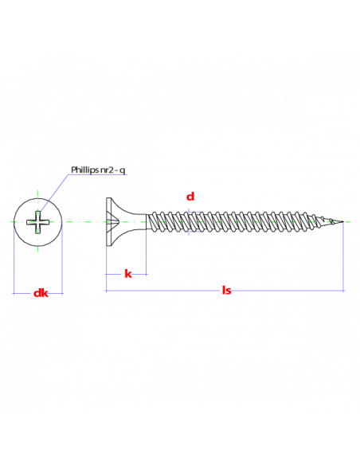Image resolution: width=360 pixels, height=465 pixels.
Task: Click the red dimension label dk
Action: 41,293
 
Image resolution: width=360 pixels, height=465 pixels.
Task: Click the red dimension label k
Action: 127,274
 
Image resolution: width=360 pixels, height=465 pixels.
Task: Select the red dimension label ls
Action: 226,290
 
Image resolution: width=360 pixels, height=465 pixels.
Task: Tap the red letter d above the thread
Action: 190,197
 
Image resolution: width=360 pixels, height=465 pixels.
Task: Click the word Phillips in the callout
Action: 84,170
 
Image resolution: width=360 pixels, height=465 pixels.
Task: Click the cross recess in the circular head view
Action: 37,222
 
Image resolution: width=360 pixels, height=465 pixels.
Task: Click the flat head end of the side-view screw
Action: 109,221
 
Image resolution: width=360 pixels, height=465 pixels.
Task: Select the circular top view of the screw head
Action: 37,222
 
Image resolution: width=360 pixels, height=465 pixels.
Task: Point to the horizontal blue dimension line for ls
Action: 225,291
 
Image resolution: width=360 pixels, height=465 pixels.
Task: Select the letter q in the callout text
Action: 123,171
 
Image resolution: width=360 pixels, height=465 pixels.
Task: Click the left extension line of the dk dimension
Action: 14,258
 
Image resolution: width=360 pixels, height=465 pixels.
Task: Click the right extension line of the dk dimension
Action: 62,258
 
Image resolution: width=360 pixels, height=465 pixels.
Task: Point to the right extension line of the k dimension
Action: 147,252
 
